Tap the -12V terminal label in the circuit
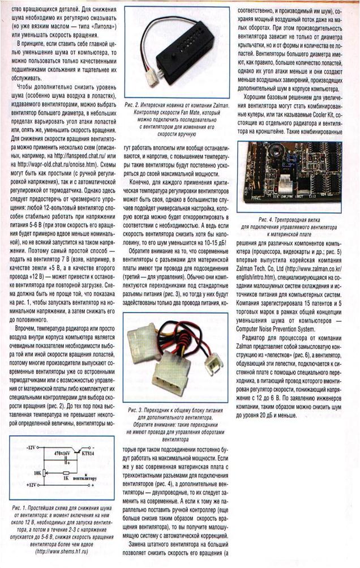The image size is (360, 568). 33,447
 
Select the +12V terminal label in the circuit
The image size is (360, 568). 33,485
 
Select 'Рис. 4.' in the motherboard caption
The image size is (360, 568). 269,219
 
